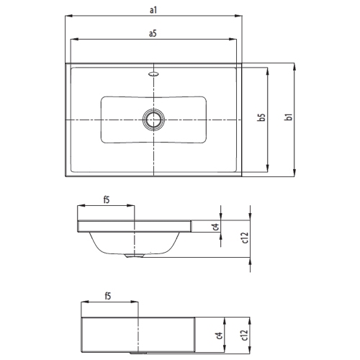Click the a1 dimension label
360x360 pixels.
pos(153,10)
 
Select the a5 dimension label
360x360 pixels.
pos(153,34)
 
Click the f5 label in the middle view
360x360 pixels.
pos(106,199)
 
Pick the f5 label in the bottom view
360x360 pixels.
pos(107,296)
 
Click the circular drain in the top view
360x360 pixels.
pos(153,119)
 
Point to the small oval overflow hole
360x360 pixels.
pos(153,72)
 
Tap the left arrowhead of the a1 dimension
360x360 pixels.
pos(67,16)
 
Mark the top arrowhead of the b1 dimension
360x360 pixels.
pos(294,66)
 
